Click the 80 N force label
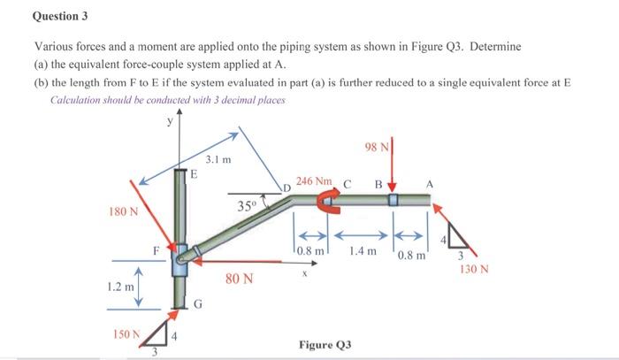click(239, 280)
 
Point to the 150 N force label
click(126, 334)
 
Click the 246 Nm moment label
click(314, 180)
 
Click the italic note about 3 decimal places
click(167, 101)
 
